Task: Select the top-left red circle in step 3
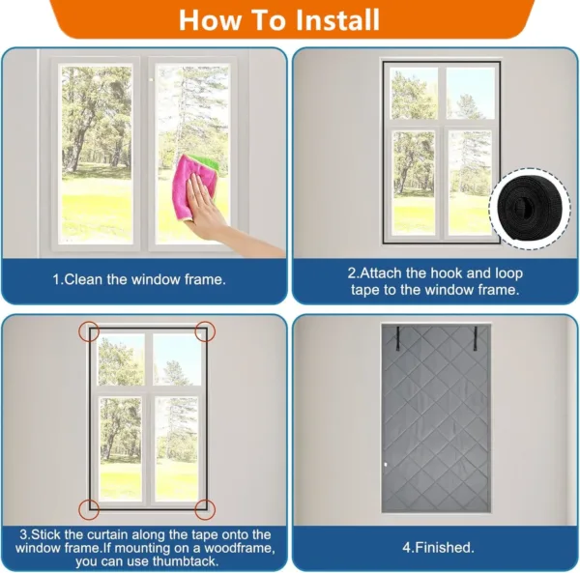click(x=89, y=331)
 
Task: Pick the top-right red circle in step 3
click(x=205, y=331)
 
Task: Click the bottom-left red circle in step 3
click(x=89, y=508)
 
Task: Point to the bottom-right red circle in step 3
click(x=205, y=508)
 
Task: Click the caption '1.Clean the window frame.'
click(x=139, y=279)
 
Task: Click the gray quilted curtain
click(x=436, y=425)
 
